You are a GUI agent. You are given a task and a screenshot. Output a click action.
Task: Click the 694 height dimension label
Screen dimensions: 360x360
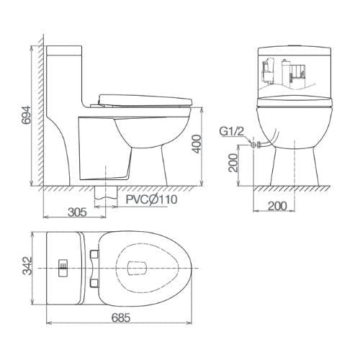point(26,115)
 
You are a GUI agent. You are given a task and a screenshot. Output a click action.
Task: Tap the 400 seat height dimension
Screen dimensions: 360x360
point(197,144)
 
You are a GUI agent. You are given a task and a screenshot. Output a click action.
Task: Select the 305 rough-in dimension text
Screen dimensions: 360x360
point(77,212)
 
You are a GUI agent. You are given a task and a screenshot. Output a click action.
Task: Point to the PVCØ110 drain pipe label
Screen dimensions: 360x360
point(152,199)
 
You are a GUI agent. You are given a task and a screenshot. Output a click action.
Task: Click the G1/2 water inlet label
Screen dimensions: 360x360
point(231,132)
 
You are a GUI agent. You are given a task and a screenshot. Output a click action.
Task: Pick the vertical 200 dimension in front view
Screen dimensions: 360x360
point(233,163)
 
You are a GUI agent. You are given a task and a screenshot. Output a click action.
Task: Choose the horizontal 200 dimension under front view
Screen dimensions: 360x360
point(277,206)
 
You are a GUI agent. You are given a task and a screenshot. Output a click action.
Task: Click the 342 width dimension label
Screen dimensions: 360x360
point(27,266)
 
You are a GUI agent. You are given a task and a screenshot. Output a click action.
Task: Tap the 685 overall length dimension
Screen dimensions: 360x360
point(121,318)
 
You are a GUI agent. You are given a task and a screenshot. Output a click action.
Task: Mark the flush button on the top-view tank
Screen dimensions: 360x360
point(63,268)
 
